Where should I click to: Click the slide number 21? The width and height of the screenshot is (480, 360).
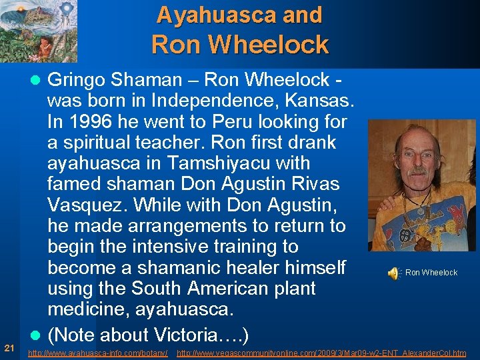(x=9, y=347)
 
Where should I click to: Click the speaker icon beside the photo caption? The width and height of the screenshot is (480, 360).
(x=393, y=272)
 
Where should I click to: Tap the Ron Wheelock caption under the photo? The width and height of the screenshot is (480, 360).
(x=431, y=272)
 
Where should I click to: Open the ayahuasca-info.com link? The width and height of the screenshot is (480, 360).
(x=98, y=353)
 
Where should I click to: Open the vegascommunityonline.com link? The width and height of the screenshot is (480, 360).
(x=321, y=353)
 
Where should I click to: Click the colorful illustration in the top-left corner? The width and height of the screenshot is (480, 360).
(x=39, y=31)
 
